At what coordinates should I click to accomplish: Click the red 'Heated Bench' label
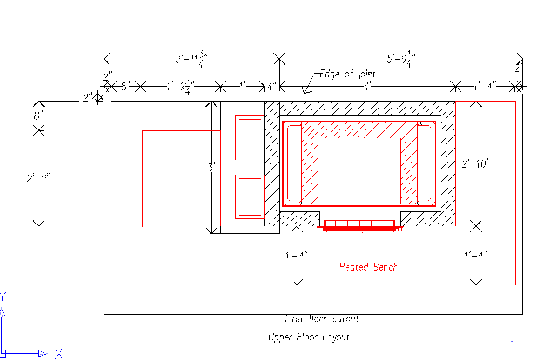coord(368,267)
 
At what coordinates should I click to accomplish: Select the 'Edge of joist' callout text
coord(347,74)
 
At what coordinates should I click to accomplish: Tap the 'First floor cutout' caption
coord(322,319)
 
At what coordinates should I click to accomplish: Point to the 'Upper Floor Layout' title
coord(309,337)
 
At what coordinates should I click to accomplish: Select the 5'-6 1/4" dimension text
coord(401,58)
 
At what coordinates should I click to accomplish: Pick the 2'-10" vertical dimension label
coord(476,163)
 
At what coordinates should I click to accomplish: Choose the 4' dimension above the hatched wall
coord(367,86)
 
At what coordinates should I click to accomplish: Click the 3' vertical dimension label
coord(211,167)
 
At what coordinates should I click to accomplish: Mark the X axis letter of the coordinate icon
coord(59,353)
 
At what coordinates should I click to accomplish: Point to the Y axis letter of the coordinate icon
coord(3,296)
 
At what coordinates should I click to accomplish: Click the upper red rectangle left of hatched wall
coord(250,137)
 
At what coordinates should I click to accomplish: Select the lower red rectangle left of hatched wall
coord(250,197)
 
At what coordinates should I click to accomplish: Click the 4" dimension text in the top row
coord(272,86)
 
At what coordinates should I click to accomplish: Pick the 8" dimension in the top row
coord(125,86)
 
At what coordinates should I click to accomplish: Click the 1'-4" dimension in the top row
coord(485,86)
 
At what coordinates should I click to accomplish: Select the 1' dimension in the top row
coord(243,86)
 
